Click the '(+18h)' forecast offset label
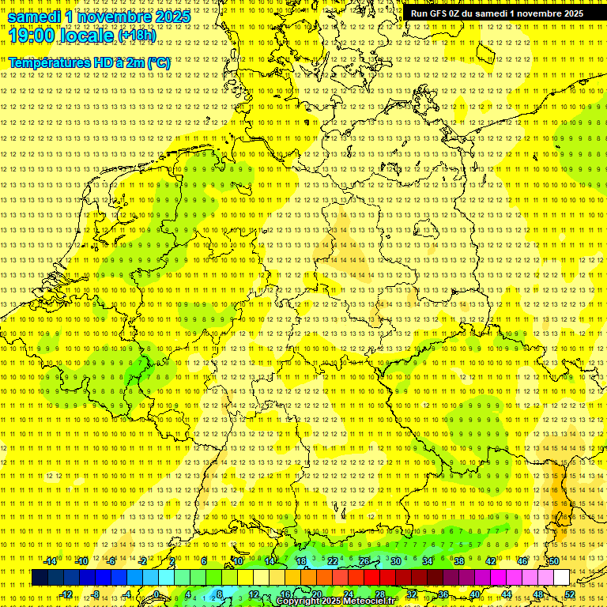click(137, 36)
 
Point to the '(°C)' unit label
click(157, 62)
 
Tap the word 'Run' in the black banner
click(420, 13)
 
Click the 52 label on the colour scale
click(570, 594)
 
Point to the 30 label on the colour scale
click(396, 561)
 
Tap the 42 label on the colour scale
click(491, 561)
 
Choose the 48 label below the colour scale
click(538, 594)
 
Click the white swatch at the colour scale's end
click(561, 578)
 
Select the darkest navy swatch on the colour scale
click(40, 578)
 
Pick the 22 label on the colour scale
click(333, 561)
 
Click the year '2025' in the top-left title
click(170, 17)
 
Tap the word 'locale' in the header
click(88, 36)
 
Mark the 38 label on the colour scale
click(459, 561)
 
